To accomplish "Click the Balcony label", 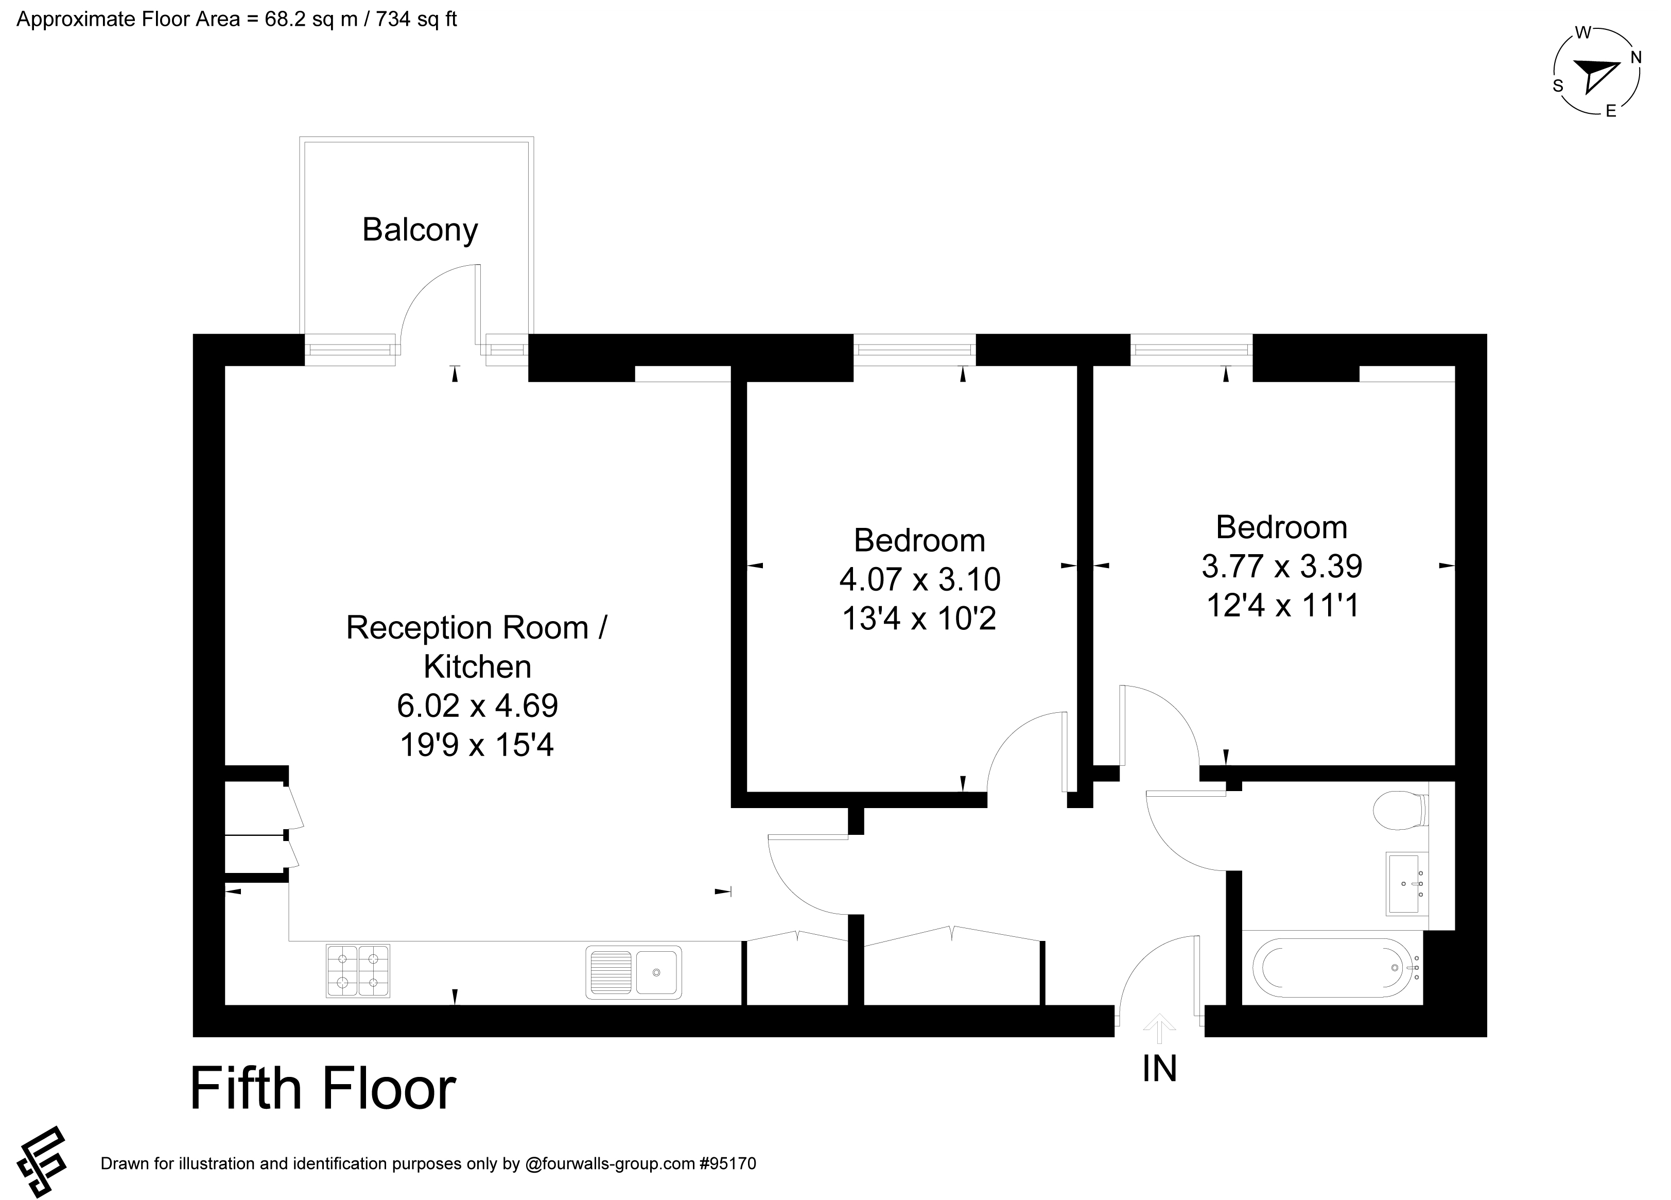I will [x=420, y=230].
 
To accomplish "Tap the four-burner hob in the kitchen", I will [x=358, y=971].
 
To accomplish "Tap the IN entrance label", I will [x=1160, y=1068].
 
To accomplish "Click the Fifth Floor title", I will [x=323, y=1089].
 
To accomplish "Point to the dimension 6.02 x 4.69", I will [x=477, y=706].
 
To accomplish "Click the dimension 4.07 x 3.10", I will [x=919, y=579].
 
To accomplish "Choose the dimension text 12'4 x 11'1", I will [x=1282, y=606].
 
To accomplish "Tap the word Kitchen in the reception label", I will [x=477, y=667].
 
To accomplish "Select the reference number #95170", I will [x=728, y=1164].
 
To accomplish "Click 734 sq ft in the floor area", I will [x=417, y=19].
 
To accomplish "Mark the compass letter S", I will [x=1558, y=86].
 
